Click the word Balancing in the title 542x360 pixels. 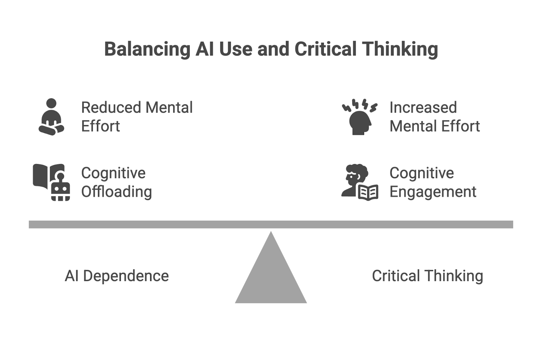click(x=147, y=49)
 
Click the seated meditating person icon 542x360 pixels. click(x=51, y=117)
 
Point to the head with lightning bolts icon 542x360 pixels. click(x=359, y=117)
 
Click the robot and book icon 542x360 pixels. click(x=51, y=182)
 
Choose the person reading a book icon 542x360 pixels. click(x=359, y=182)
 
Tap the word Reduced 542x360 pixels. click(x=111, y=108)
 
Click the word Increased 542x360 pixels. click(x=423, y=108)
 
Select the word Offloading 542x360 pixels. click(x=117, y=192)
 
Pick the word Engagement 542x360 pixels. click(x=433, y=192)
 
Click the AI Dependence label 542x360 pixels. click(x=117, y=276)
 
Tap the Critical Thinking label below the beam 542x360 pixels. click(x=427, y=276)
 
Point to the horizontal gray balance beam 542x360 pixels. click(x=271, y=224)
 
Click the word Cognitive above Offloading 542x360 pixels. click(x=113, y=173)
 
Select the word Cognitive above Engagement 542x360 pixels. click(x=421, y=173)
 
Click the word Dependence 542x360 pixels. click(x=126, y=276)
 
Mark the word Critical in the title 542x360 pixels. click(x=326, y=49)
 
